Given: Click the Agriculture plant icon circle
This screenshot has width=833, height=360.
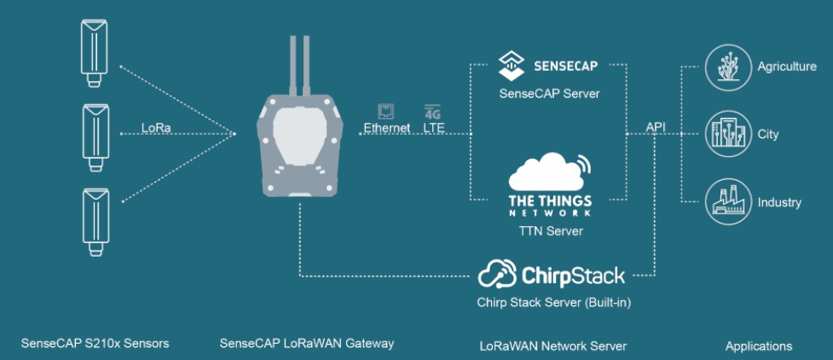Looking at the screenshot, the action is (728, 67).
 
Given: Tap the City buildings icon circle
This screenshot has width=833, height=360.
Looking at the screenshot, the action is (728, 134).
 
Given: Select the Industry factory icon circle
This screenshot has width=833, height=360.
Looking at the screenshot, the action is (728, 201).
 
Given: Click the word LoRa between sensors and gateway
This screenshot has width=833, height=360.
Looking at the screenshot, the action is (156, 128).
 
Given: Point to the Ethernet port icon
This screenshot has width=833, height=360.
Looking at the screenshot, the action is (385, 112).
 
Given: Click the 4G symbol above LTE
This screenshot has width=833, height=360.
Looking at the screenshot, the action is (433, 112).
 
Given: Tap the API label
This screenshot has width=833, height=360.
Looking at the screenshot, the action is (656, 127).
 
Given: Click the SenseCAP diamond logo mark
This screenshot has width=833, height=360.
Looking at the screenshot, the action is (511, 66).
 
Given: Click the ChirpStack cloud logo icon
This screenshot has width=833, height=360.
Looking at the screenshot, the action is (497, 273).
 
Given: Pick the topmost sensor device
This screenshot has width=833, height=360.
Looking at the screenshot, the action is (94, 53).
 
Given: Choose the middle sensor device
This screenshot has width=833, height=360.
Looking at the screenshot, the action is (95, 137).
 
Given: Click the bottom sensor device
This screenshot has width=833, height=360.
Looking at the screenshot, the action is (95, 222).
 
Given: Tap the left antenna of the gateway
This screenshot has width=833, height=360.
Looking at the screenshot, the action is (292, 66).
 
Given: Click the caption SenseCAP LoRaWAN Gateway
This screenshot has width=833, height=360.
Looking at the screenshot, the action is (307, 344).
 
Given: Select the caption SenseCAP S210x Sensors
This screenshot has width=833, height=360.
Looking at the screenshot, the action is (95, 344).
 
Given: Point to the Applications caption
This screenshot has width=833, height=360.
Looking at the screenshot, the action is (759, 346).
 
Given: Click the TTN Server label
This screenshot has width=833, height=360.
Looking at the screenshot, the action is (550, 231).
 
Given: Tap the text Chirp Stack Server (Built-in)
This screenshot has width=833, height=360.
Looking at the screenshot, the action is (553, 303).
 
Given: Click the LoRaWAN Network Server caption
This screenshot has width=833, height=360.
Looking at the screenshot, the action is (553, 346).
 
